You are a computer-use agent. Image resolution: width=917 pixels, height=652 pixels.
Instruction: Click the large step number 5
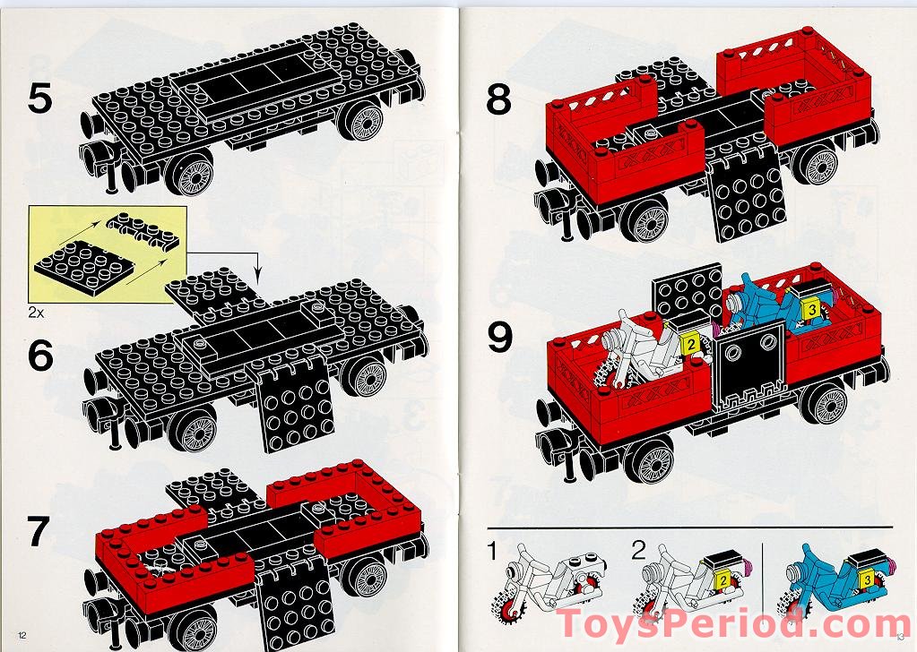tap(39, 99)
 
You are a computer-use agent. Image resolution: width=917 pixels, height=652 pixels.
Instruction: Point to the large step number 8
tap(498, 100)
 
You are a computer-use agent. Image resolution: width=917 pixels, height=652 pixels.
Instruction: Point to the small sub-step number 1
tap(492, 550)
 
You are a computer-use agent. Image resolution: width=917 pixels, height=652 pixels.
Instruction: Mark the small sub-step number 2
tap(638, 550)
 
